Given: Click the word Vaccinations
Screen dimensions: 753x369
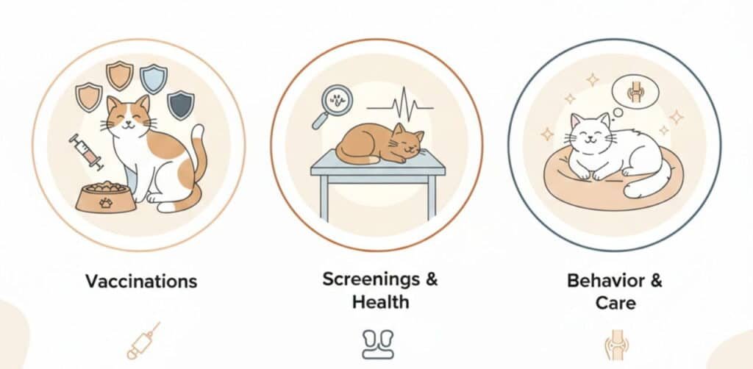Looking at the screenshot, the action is coord(141,282).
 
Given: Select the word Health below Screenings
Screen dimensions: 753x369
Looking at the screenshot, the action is coord(380,302).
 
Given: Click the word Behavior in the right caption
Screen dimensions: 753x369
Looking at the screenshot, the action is coord(602,280).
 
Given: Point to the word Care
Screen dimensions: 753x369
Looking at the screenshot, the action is coord(615,303).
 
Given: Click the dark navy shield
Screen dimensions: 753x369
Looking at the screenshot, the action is coord(181,105).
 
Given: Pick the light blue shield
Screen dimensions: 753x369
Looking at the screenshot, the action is coord(154,79).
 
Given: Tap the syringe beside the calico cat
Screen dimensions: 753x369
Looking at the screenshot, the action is coord(87,152).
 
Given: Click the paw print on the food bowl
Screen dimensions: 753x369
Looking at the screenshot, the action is coord(106,203).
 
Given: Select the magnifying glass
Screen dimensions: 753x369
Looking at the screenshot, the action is coord(332,107).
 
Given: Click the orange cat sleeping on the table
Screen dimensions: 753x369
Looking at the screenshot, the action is coord(379,144).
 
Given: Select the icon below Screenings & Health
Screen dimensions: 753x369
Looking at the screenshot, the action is coord(377,344).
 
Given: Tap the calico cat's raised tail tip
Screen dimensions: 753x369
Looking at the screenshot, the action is coord(198,131).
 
